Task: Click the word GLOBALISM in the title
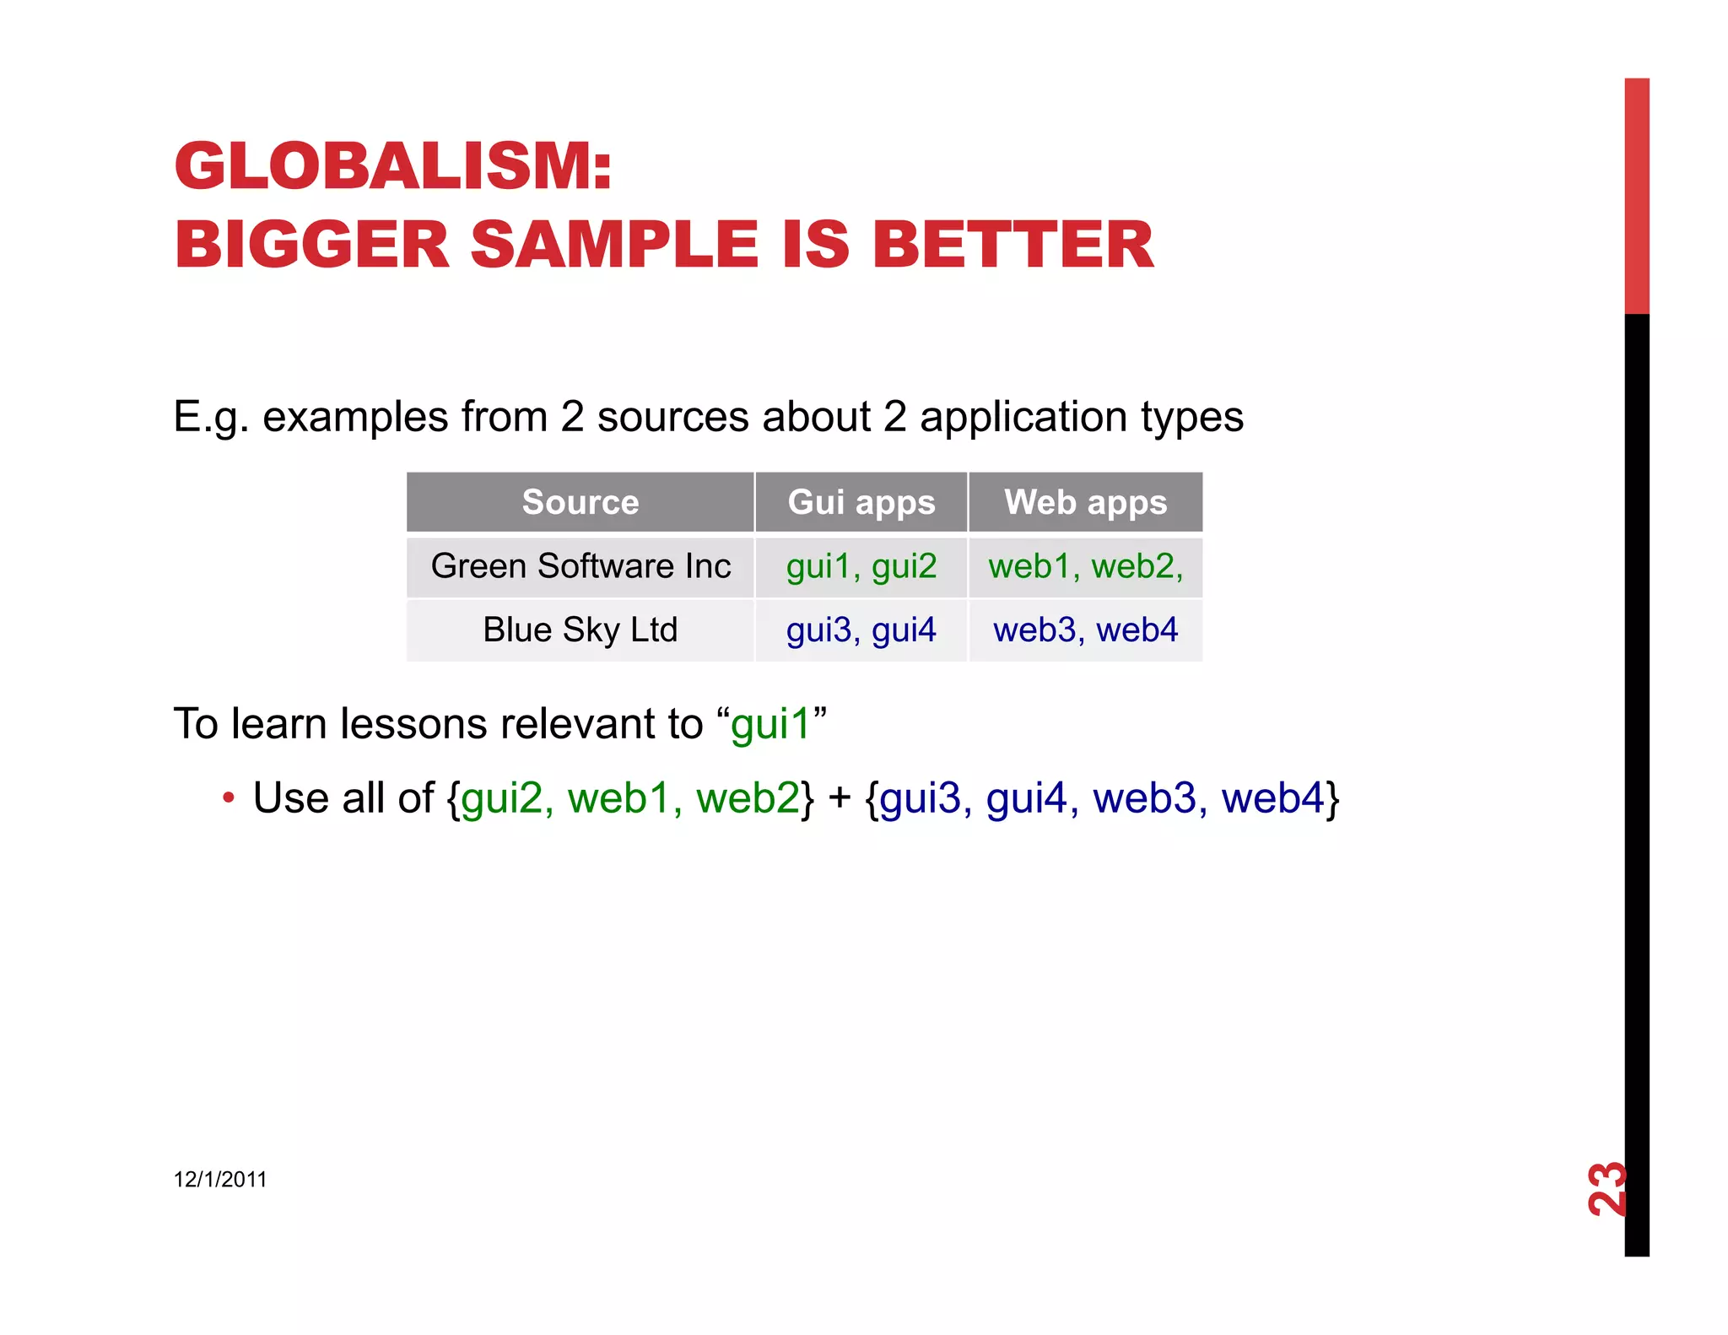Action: tap(383, 166)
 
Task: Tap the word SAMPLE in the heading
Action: tap(615, 245)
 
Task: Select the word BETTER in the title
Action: tap(1012, 245)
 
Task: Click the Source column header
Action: tap(580, 502)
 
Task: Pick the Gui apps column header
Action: tap(861, 502)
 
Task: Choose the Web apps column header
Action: tap(1085, 502)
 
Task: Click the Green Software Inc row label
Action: tap(580, 566)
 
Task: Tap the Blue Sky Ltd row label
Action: tap(580, 630)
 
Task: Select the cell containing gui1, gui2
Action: tap(861, 566)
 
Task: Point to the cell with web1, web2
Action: tap(1085, 566)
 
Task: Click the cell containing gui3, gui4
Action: tap(861, 630)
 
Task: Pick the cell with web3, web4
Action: tap(1085, 630)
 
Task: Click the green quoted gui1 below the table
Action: tap(770, 725)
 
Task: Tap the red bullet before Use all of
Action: tap(228, 797)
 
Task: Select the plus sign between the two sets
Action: tap(840, 798)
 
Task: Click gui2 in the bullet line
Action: tap(502, 798)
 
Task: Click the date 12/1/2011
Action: tap(220, 1179)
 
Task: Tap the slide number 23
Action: tap(1606, 1189)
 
